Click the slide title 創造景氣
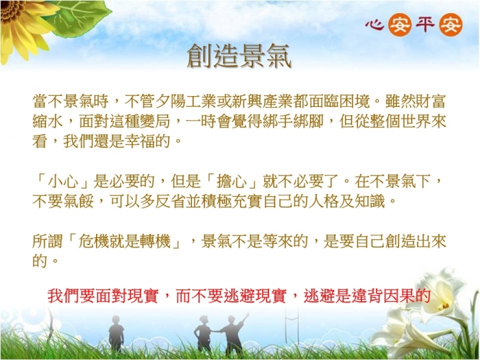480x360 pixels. coord(239,56)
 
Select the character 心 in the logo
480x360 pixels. coord(374,25)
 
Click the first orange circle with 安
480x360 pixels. coord(400,25)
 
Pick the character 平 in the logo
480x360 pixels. coord(425,25)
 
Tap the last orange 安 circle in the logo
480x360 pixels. coord(451,25)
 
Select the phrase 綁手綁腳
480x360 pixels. coord(293,121)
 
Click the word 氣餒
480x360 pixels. coord(79,202)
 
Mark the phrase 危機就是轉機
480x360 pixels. coord(125,241)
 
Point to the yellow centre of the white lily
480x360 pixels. coord(444,306)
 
